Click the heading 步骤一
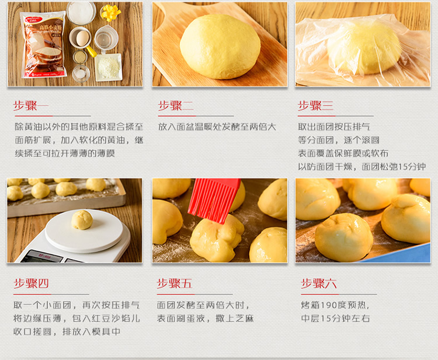31,106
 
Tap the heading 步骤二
176,106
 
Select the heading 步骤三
315,106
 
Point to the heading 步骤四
31,284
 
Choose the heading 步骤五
174,284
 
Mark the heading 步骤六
318,284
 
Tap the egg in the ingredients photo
83,39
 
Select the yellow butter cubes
110,13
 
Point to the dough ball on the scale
82,220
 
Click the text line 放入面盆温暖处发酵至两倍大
217,127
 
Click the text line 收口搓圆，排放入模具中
67,332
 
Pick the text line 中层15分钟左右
335,319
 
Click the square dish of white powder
109,67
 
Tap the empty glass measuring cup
106,39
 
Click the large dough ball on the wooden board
220,47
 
